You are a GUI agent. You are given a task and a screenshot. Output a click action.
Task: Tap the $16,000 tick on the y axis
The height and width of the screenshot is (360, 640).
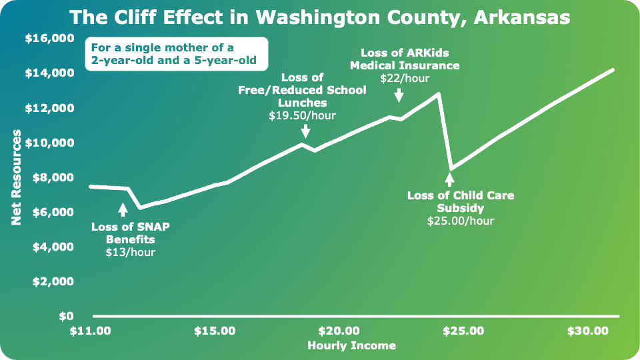point(49,39)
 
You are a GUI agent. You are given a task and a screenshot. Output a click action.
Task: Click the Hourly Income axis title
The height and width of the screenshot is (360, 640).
point(351,345)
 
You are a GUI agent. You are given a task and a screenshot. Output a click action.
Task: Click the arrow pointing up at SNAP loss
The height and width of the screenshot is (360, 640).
point(123,209)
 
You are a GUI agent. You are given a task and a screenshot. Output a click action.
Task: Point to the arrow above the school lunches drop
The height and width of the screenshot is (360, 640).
point(305,131)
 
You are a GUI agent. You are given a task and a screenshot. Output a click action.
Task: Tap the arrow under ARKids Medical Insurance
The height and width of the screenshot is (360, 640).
point(399,96)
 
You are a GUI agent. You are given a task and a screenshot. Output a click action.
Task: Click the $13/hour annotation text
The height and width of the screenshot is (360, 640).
point(131,252)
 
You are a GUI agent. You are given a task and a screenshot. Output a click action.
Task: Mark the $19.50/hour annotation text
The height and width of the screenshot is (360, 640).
point(302,115)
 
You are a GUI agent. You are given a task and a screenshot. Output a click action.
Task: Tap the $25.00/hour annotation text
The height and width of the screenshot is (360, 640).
point(461,221)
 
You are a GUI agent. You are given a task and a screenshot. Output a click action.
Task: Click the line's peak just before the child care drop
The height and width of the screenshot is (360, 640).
point(438,93)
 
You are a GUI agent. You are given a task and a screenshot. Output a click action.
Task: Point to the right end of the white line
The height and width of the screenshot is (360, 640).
point(613,69)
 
